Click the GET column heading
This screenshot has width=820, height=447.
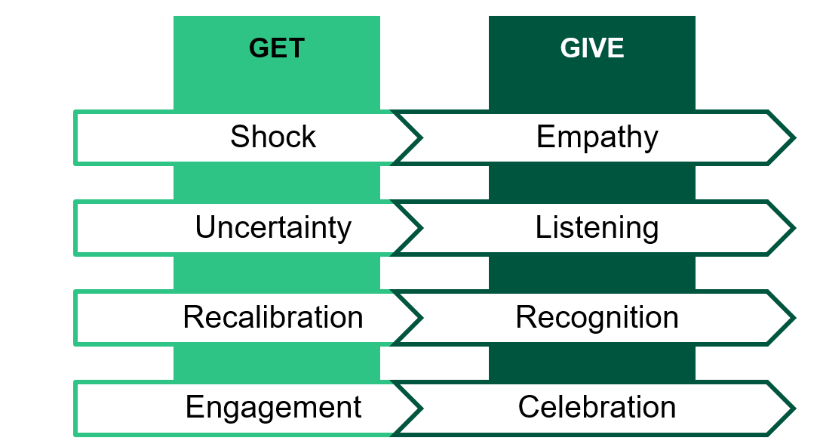tap(277, 48)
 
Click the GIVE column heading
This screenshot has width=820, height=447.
tap(592, 48)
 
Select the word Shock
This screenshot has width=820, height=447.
tap(273, 137)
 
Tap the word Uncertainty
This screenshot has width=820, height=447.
tap(273, 227)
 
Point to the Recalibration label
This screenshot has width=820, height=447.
tap(273, 317)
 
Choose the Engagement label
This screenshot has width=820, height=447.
tap(273, 407)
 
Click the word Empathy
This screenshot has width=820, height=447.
tap(597, 137)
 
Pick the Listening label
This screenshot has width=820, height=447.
tap(597, 227)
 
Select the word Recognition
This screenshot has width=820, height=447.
tap(597, 317)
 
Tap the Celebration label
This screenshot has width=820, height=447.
tap(597, 407)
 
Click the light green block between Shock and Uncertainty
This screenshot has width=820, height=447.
tap(277, 183)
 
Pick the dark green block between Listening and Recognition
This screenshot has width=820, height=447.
tap(592, 273)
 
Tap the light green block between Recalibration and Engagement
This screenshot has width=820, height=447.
tap(277, 362)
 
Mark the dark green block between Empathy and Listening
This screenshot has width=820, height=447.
tap(592, 183)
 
